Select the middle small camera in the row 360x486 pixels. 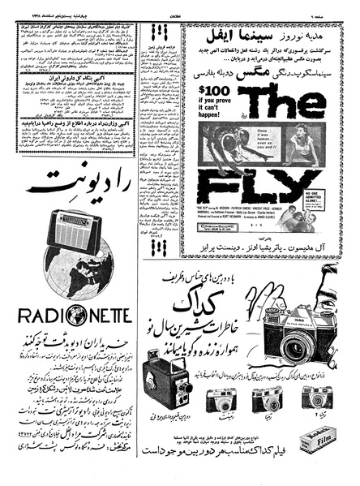pos(266,400)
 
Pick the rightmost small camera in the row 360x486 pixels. pos(314,397)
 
